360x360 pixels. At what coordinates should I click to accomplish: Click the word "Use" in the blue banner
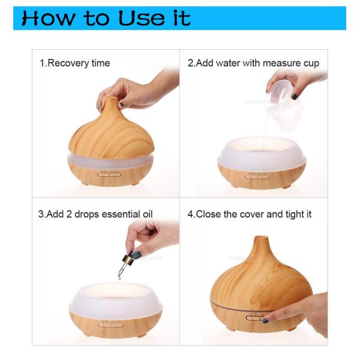click(142, 18)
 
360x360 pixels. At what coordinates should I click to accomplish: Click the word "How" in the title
click(49, 18)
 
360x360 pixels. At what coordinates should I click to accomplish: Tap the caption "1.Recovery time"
click(75, 63)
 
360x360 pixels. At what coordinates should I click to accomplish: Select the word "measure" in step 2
click(272, 63)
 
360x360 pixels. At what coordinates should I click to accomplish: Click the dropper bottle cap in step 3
click(128, 259)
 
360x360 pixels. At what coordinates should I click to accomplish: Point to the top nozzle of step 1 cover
click(112, 101)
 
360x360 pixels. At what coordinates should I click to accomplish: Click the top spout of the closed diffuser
click(261, 241)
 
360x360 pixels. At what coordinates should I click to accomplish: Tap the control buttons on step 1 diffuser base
click(109, 175)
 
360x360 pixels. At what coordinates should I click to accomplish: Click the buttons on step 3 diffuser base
click(111, 325)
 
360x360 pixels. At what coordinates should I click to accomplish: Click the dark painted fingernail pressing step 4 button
click(265, 320)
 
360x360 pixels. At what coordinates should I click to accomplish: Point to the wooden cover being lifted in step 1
click(112, 133)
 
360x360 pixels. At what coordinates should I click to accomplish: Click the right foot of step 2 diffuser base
click(287, 186)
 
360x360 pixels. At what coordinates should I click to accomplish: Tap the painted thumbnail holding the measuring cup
click(294, 97)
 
